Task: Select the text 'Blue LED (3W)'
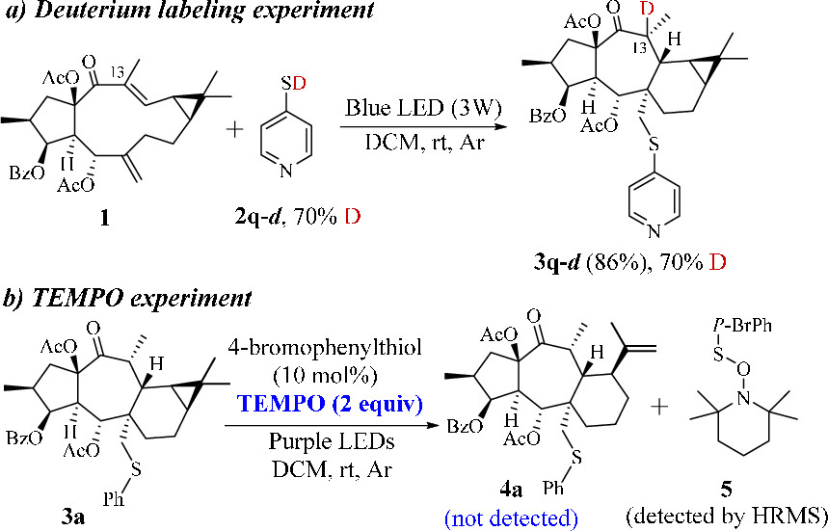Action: click(x=417, y=107)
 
